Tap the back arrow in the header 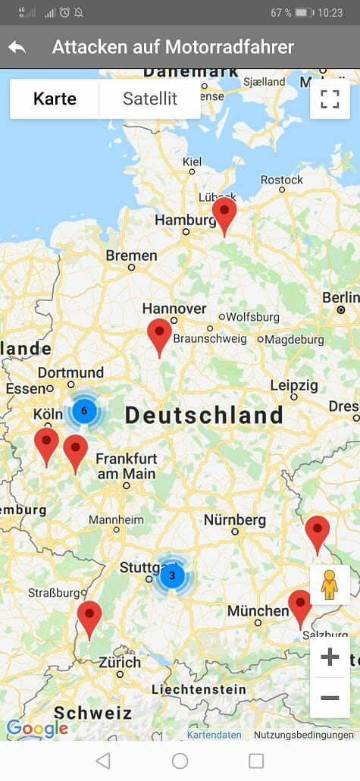pos(17,47)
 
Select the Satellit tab pos(150,99)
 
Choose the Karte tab pos(55,99)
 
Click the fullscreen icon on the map pos(330,99)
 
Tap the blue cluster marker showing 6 pos(84,411)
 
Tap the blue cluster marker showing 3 pos(172,576)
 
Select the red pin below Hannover pos(159,334)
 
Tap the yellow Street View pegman pos(329,585)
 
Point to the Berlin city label pos(341,298)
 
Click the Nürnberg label pos(235,520)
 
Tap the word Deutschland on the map pos(204,416)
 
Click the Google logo pos(36,729)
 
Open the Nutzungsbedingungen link pos(303,735)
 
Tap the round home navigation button pos(180,761)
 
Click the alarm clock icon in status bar pos(64,13)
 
